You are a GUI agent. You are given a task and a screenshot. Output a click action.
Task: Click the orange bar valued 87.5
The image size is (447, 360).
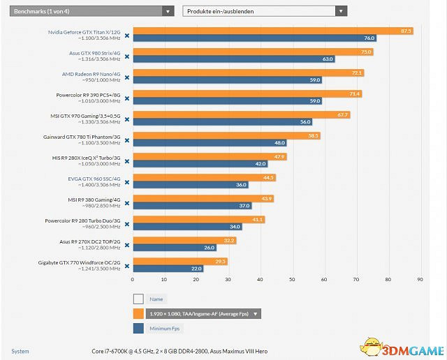pos(272,31)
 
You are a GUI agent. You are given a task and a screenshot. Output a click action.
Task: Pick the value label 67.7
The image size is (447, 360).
pos(342,114)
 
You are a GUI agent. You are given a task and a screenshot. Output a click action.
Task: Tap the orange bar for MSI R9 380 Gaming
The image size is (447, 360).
pos(203,198)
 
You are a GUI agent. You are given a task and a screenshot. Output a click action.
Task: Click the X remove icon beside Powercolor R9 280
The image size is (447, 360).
pos(127,223)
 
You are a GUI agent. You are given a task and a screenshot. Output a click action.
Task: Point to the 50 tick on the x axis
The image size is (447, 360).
pos(292,280)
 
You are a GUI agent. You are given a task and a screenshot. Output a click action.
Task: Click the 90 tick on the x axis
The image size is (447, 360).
pos(420,280)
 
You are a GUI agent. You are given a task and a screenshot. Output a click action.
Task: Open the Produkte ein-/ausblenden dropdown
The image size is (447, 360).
pos(264,11)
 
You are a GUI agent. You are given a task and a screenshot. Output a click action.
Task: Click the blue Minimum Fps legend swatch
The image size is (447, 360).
pos(138,329)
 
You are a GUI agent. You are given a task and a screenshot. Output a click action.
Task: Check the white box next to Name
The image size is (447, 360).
pos(138,299)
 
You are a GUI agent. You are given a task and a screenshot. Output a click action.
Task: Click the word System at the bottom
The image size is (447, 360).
pos(20,351)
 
